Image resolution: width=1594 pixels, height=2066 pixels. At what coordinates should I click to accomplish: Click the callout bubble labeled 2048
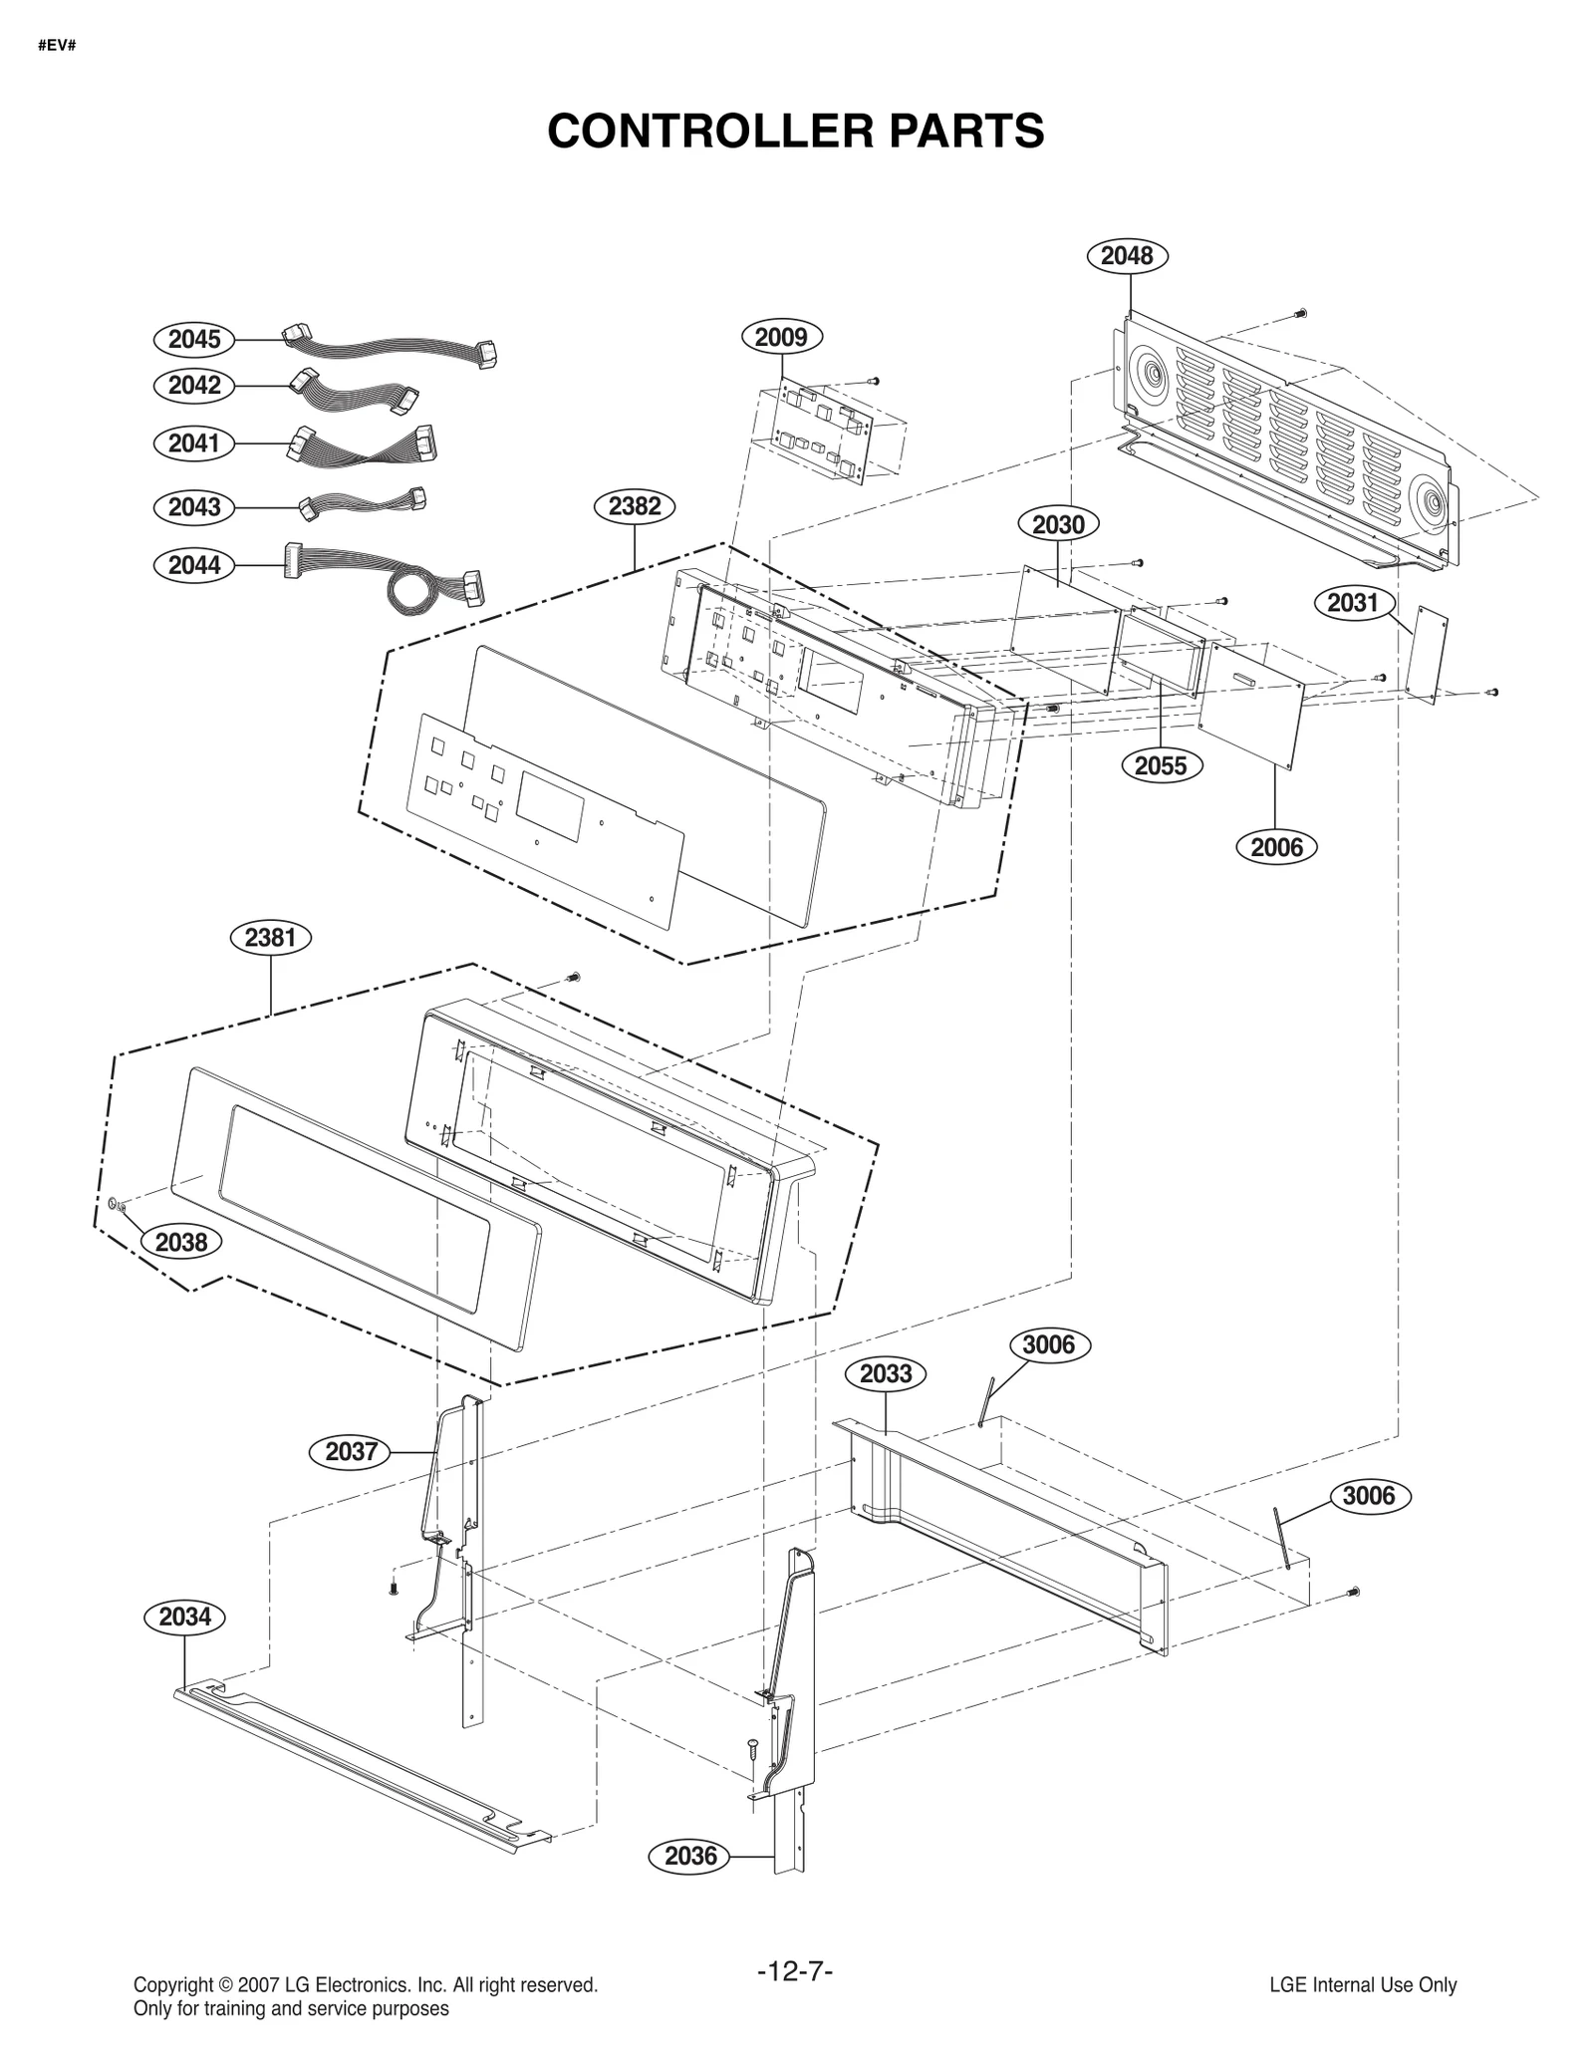click(1126, 256)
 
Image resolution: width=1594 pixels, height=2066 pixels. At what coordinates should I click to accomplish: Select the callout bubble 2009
click(781, 338)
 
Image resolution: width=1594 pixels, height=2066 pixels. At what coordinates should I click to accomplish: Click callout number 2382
click(635, 506)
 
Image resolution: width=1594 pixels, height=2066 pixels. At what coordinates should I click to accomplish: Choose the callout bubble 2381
click(270, 938)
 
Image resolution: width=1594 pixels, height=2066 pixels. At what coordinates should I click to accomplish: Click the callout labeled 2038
click(181, 1242)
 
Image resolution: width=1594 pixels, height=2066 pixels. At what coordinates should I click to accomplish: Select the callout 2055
click(1161, 765)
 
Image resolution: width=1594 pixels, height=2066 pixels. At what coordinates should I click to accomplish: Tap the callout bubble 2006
click(1276, 847)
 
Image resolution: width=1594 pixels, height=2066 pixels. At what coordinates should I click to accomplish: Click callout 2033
click(886, 1374)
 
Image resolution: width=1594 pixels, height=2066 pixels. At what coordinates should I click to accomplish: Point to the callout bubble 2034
click(185, 1617)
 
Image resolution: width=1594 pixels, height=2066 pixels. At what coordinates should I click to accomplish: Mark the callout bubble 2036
click(690, 1857)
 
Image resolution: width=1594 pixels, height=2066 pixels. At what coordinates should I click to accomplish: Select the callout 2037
click(351, 1451)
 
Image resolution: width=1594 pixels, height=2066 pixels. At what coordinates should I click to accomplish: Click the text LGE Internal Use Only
click(1362, 1984)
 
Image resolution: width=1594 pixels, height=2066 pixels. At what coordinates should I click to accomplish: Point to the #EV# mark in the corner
click(58, 46)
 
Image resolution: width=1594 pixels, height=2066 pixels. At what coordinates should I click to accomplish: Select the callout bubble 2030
click(1058, 524)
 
